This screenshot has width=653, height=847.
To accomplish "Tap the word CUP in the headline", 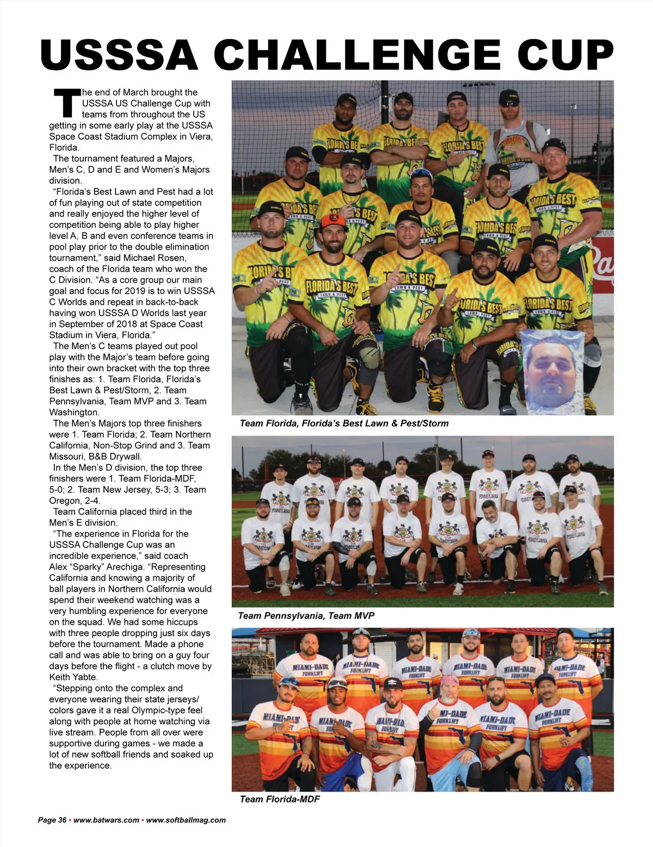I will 565,55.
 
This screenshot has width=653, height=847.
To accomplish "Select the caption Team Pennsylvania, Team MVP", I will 306,615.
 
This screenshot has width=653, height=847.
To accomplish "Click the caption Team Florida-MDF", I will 280,799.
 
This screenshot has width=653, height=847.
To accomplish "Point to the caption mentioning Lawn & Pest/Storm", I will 344,423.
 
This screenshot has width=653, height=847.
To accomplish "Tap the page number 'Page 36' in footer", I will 52,820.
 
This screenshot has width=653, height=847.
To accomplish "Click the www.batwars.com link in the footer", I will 106,820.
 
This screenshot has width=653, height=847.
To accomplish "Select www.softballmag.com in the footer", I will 186,820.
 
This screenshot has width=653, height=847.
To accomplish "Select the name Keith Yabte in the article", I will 73,677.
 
